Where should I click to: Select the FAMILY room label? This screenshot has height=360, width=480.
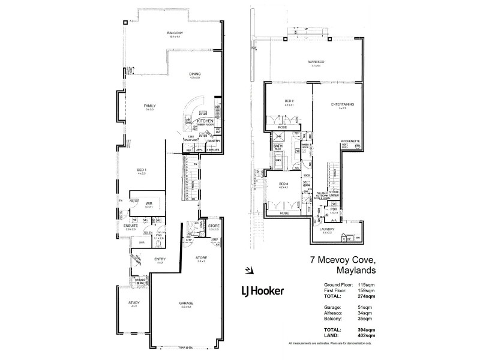click(149, 106)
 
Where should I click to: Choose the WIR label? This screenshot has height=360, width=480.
click(148, 204)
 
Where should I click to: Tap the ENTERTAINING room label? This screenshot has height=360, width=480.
click(342, 104)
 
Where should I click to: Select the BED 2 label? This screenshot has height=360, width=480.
click(289, 101)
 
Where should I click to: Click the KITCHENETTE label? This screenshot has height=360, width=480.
click(350, 142)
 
